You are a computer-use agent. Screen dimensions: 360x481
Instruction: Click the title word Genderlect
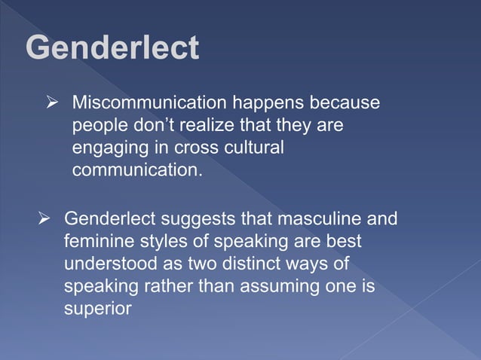pyautogui.click(x=112, y=48)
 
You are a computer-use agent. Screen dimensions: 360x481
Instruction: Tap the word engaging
pyautogui.click(x=105, y=148)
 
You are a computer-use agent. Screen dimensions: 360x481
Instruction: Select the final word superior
pyautogui.click(x=97, y=310)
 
